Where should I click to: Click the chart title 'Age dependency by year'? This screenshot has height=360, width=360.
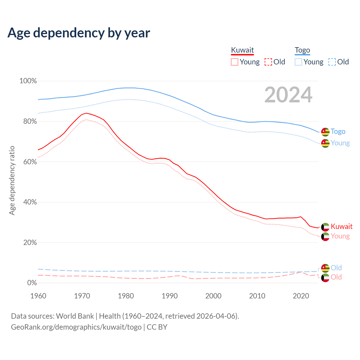tap(79, 33)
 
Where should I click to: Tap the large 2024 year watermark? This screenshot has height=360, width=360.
tap(288, 95)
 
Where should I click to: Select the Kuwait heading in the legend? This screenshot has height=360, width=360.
tap(242, 50)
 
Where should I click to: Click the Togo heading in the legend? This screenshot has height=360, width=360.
tap(302, 50)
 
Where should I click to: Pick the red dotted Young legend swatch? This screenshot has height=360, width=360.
tap(235, 62)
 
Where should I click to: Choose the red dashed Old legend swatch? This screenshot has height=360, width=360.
tap(268, 62)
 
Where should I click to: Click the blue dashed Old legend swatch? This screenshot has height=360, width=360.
tap(332, 62)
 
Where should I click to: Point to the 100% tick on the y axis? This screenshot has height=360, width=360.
tap(28, 81)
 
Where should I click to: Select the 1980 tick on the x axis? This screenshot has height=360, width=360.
tap(126, 296)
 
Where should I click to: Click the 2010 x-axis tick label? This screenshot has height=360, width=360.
tap(257, 296)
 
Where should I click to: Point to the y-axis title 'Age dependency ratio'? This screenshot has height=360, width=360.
tap(12, 180)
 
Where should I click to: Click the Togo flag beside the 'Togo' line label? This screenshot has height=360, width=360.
tap(325, 132)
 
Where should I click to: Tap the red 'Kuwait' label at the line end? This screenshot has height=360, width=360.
tap(341, 226)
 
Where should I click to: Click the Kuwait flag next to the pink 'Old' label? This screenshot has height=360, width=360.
tap(325, 278)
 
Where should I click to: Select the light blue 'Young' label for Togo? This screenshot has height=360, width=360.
tap(340, 143)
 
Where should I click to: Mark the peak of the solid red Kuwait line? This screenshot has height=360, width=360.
tap(86, 113)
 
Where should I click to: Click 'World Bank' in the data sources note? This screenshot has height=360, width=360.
tap(75, 316)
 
